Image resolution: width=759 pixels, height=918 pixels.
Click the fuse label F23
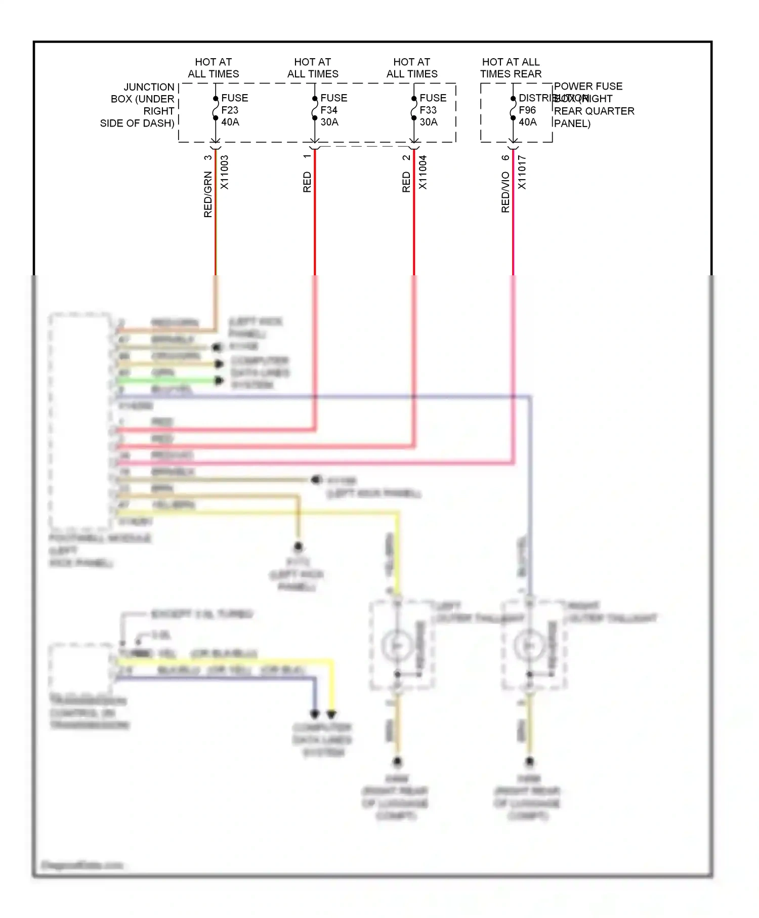coord(230,110)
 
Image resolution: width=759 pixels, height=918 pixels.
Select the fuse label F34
coord(329,110)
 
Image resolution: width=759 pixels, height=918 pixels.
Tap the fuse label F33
coord(428,110)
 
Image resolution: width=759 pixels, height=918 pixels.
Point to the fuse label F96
coord(527,110)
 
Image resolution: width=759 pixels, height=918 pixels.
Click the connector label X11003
coord(225,173)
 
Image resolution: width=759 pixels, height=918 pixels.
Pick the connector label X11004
coord(423,173)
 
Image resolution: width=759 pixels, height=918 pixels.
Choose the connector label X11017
coord(522,173)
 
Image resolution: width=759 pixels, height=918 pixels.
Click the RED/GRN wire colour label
coord(208,195)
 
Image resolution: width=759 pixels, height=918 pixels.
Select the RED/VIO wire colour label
coord(505,192)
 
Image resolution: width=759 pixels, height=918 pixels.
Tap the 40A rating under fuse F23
coord(230,122)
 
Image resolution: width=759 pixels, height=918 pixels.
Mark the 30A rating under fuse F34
coord(329,122)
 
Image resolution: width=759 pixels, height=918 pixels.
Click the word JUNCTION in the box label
coord(149,87)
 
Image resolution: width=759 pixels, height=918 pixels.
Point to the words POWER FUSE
coord(588,86)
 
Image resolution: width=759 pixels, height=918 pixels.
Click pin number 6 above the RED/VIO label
coord(505,157)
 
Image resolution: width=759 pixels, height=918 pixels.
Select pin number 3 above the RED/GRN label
coord(208,157)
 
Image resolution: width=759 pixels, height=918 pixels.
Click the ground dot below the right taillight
coord(529,761)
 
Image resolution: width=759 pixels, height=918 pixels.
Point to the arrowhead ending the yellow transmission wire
coord(331,715)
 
